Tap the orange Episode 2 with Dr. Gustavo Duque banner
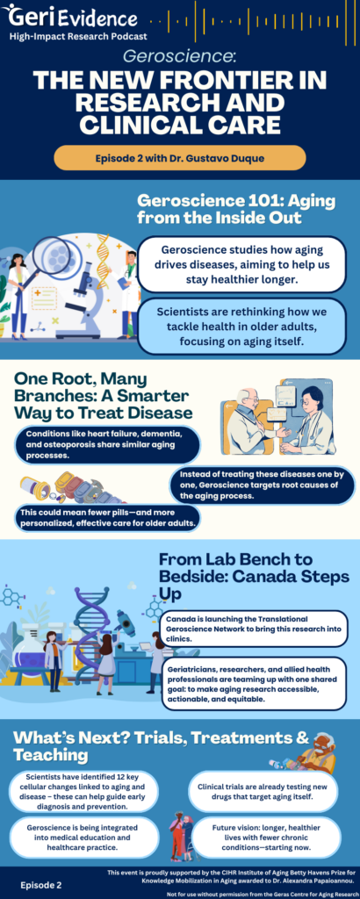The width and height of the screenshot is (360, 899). pyautogui.click(x=180, y=158)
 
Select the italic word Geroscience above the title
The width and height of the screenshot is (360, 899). pyautogui.click(x=180, y=55)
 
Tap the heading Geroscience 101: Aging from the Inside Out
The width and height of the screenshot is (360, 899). pyautogui.click(x=236, y=210)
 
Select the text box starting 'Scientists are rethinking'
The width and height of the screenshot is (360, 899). pyautogui.click(x=243, y=326)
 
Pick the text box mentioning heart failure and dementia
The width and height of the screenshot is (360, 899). pyautogui.click(x=108, y=444)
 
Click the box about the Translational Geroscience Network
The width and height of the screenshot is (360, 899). pyautogui.click(x=254, y=629)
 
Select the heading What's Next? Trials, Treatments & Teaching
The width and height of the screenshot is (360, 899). pyautogui.click(x=162, y=745)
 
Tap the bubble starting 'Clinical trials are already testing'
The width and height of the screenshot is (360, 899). pyautogui.click(x=263, y=792)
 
